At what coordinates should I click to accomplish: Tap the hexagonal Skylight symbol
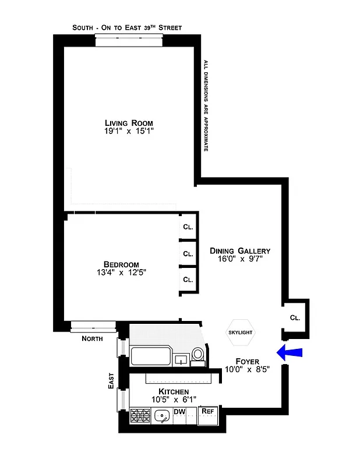click(239, 333)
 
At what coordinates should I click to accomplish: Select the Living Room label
click(129, 123)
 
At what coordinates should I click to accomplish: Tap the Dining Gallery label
click(240, 251)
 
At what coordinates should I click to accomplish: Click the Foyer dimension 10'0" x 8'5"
click(247, 369)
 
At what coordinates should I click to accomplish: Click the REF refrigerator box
click(207, 415)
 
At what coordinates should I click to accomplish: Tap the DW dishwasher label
click(179, 412)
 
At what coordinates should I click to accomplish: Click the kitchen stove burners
click(140, 415)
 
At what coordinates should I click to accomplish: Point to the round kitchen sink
click(161, 416)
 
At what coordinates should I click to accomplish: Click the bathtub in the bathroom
click(151, 356)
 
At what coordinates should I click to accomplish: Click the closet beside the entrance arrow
click(295, 319)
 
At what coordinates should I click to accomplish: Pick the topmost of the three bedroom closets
click(188, 227)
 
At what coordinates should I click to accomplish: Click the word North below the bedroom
click(92, 338)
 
